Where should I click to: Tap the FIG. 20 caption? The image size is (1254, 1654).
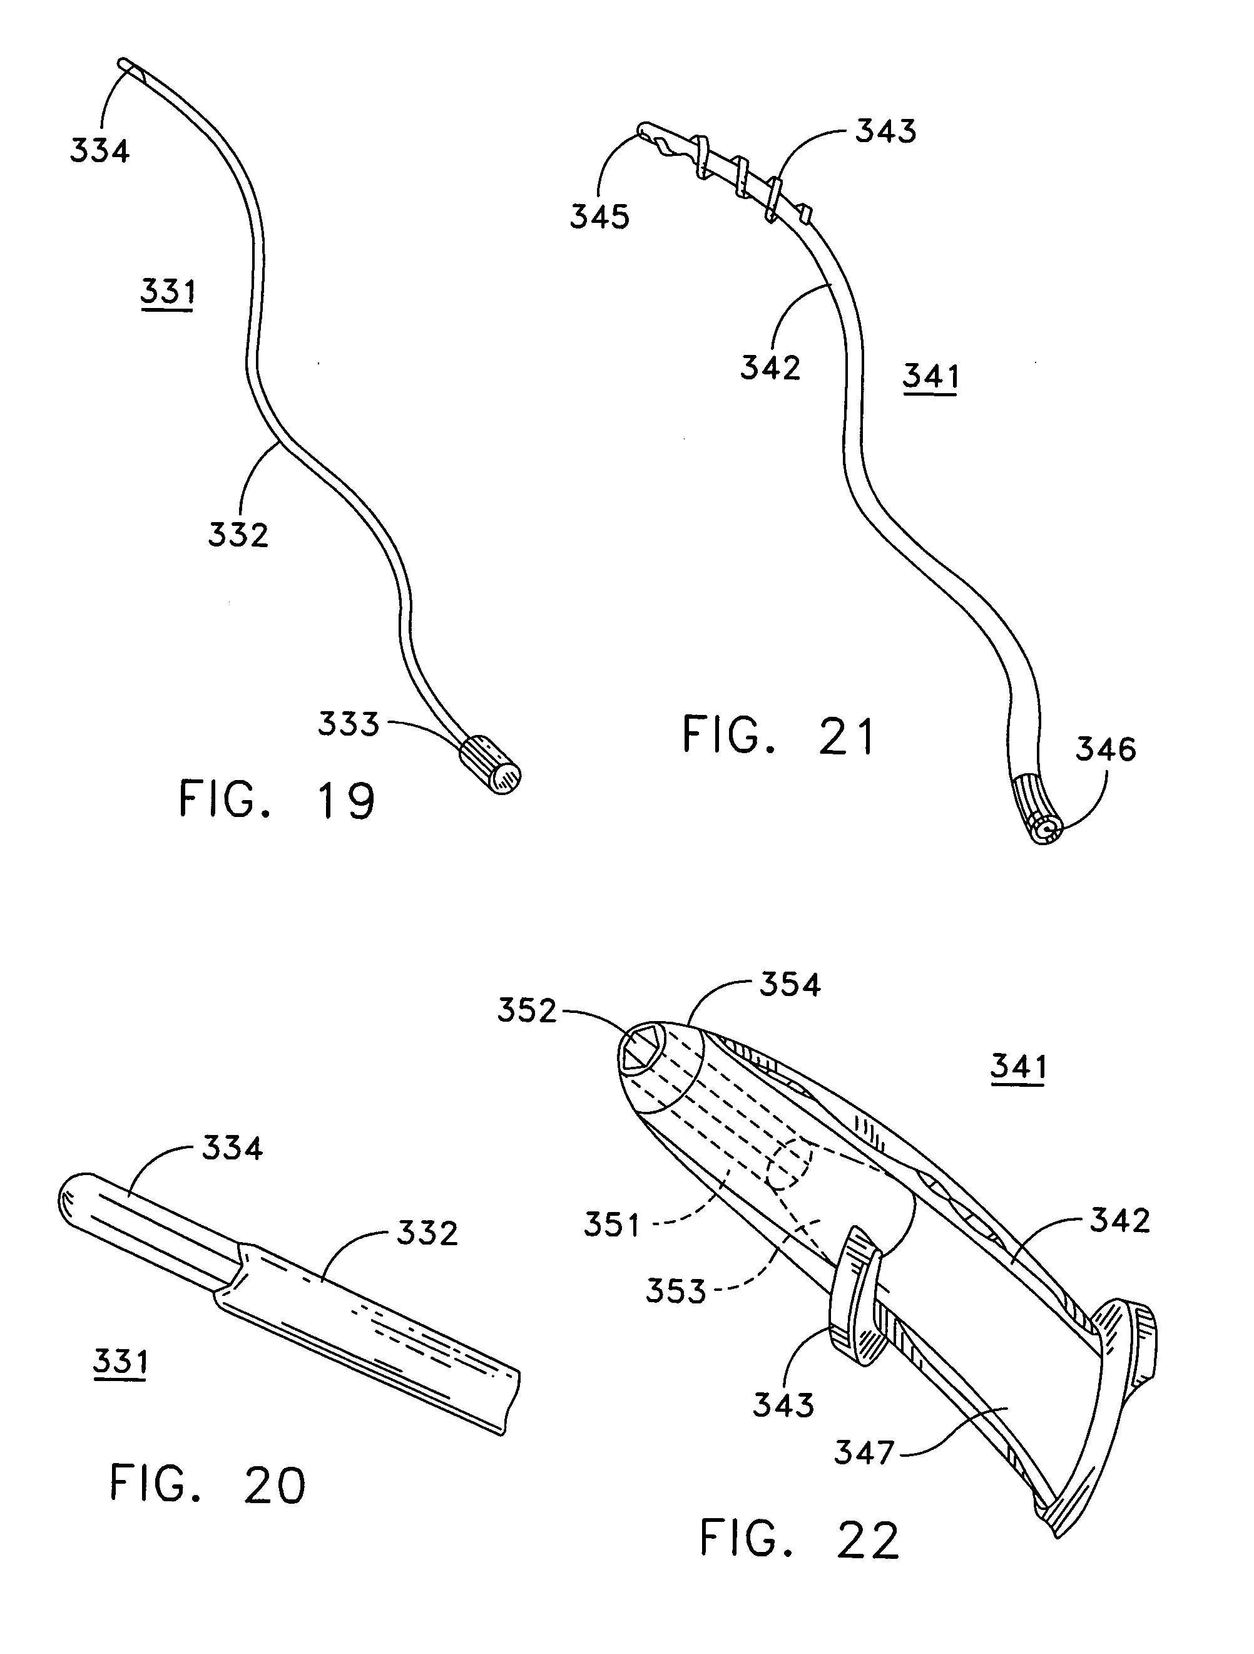208,1484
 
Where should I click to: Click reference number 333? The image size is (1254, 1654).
349,724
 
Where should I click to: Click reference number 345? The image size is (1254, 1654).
600,217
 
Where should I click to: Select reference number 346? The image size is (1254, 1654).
1105,749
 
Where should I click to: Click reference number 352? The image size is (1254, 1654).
527,1011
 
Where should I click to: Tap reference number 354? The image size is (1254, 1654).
790,985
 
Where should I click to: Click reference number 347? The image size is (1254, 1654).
864,1453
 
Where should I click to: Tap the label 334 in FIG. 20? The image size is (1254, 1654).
232,1148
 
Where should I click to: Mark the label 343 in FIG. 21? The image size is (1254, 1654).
885,131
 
